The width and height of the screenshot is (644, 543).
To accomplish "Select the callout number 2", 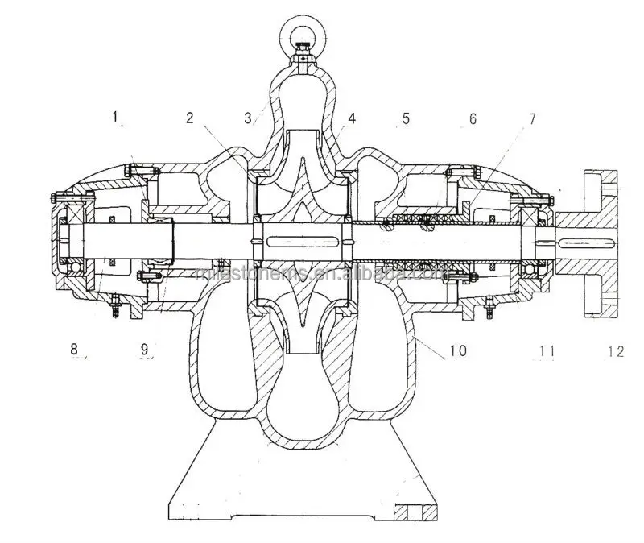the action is pyautogui.click(x=189, y=118).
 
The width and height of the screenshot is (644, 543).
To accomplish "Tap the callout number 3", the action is pyautogui.click(x=249, y=118).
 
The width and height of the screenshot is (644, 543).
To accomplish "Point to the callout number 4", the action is pyautogui.click(x=352, y=118).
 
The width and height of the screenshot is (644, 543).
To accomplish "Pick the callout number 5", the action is pyautogui.click(x=406, y=118).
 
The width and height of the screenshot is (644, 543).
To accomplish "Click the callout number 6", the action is pyautogui.click(x=473, y=118).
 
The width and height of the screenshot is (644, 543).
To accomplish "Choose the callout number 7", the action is pyautogui.click(x=531, y=118).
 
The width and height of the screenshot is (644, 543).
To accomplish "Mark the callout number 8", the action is pyautogui.click(x=74, y=349).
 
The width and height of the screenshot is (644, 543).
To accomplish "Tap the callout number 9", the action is pyautogui.click(x=144, y=349).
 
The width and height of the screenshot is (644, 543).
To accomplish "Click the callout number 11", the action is pyautogui.click(x=547, y=350).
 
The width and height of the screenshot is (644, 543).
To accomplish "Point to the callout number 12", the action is pyautogui.click(x=616, y=350).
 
